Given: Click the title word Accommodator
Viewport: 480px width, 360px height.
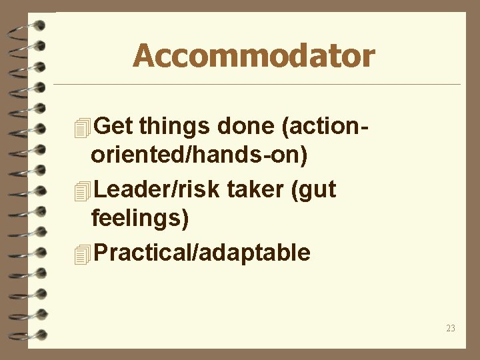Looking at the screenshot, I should point(253,56).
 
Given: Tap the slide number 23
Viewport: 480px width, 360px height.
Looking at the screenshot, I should point(451,328).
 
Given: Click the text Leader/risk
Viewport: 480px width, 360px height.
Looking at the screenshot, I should point(157,190).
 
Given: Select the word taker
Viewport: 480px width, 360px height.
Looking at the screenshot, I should point(255,190).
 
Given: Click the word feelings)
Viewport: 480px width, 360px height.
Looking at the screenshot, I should point(139,220).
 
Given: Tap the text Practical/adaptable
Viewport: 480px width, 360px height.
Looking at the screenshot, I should point(202,253).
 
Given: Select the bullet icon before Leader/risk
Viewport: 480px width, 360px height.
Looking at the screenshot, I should point(82,191).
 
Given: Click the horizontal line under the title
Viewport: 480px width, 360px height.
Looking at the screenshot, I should point(257,85).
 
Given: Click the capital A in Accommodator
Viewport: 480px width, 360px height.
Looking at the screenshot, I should point(143,56).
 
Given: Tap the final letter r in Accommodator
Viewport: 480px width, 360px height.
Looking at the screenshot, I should point(369,59).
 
